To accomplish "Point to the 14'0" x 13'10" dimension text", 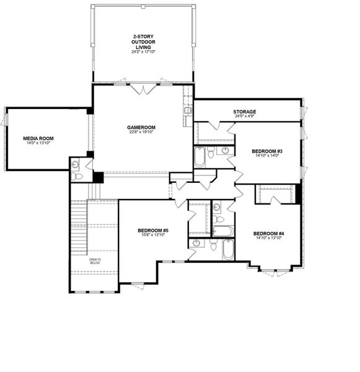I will tap(37, 143).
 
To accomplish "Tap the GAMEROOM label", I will tap(141, 127).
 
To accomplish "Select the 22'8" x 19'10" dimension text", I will tap(141, 132).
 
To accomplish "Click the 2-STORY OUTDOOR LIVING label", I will tap(143, 42).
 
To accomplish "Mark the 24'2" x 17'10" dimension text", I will tap(143, 52).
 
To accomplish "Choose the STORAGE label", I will tap(245, 112).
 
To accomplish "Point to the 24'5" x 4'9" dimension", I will tap(245, 116).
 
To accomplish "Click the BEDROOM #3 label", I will tap(267, 151).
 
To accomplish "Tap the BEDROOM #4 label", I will tap(268, 233).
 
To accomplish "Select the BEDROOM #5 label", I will tap(153, 231).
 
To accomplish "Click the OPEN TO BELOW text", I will tap(94, 260).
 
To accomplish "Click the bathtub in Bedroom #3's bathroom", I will tap(200, 156).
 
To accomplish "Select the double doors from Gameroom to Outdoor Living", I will tap(143, 89).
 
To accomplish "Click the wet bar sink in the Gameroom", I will tap(187, 111).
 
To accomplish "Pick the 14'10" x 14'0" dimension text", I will tap(267, 156).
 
